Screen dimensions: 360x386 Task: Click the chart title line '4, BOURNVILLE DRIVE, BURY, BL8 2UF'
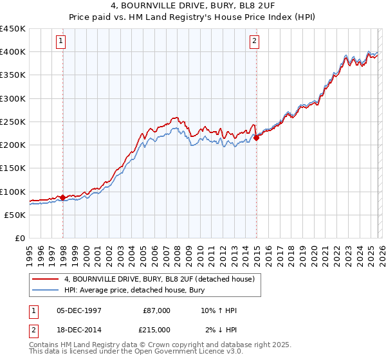192,6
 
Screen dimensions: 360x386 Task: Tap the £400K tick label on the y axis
13,52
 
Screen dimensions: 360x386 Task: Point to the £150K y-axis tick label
13,168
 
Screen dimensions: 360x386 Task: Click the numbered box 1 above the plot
62,42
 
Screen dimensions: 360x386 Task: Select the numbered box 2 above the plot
255,42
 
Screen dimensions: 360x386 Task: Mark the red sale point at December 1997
62,197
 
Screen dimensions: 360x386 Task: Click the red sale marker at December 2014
256,138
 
